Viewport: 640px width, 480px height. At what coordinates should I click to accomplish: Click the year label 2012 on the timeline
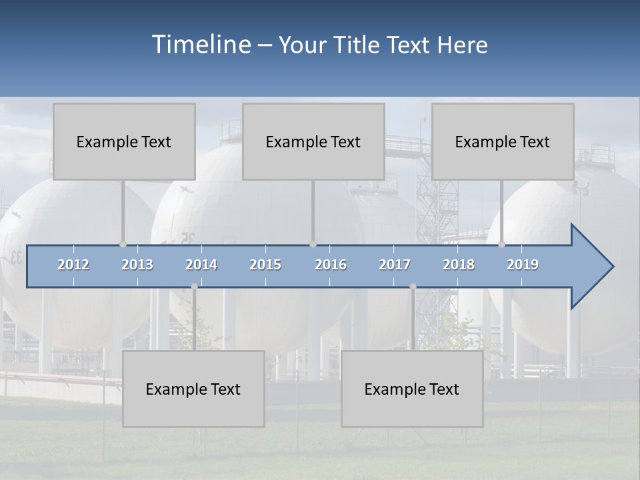click(73, 265)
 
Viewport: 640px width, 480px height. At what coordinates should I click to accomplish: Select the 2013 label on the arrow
click(137, 265)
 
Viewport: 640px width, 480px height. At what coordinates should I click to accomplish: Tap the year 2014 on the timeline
click(201, 265)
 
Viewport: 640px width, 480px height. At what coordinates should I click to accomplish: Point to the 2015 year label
click(265, 265)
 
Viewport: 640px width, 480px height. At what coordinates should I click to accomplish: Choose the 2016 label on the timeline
click(331, 265)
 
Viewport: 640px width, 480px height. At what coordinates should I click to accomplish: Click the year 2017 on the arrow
click(395, 265)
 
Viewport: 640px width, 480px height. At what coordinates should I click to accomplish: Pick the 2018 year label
click(459, 265)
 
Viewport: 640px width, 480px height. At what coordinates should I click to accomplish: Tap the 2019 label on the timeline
click(523, 265)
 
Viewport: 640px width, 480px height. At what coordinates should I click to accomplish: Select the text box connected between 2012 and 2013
click(124, 141)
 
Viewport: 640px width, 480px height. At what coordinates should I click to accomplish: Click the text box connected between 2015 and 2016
click(313, 141)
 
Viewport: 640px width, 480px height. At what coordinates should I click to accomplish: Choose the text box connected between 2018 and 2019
click(503, 141)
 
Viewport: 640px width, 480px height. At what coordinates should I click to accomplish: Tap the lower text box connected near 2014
click(193, 389)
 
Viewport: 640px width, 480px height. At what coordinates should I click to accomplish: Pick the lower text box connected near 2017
click(412, 389)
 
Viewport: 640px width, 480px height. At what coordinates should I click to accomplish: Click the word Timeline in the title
click(200, 45)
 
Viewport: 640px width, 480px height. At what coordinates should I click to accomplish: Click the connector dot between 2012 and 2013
click(123, 244)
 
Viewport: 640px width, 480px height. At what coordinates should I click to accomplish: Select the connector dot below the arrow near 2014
click(194, 287)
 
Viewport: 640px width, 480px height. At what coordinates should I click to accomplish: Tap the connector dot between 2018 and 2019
click(501, 244)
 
